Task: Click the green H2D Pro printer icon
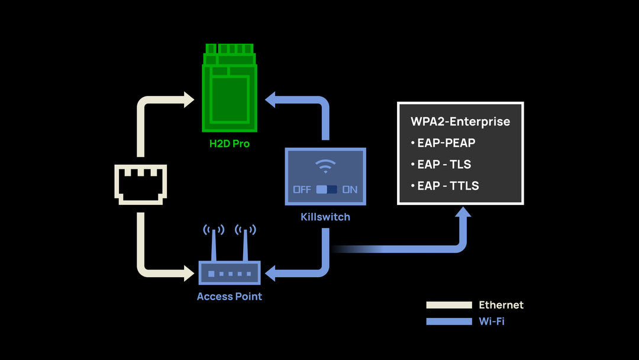click(x=230, y=89)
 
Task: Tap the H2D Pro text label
click(x=230, y=143)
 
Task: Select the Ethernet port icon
click(x=140, y=184)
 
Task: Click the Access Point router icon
click(x=230, y=272)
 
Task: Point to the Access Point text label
click(x=230, y=296)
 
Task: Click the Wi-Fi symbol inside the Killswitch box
click(x=325, y=167)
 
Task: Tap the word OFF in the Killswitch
click(x=302, y=190)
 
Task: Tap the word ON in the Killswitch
click(x=350, y=190)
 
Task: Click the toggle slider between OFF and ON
click(x=326, y=190)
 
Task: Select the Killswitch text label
click(x=325, y=217)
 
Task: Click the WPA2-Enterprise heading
click(x=460, y=122)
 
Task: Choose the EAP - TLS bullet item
click(x=444, y=164)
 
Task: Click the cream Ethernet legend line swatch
click(x=449, y=305)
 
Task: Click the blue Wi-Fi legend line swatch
click(x=449, y=322)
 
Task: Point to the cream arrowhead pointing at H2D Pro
click(x=188, y=99)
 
